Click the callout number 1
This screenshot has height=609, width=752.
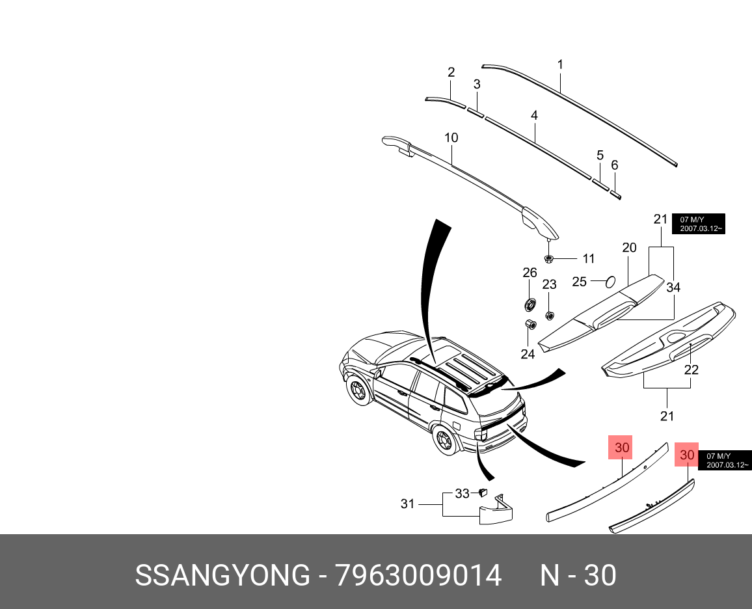(x=560, y=65)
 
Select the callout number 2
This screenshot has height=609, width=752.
(x=451, y=72)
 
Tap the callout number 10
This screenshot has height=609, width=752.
(x=451, y=138)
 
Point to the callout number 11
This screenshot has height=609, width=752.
(x=588, y=259)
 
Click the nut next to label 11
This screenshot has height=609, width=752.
(x=549, y=259)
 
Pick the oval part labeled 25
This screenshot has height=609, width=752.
(x=611, y=282)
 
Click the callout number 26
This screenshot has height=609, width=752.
(x=530, y=272)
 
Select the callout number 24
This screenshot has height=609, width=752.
(x=528, y=354)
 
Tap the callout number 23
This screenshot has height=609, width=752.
(x=550, y=284)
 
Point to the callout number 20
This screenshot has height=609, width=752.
(x=629, y=248)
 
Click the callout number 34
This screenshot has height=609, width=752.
(x=673, y=288)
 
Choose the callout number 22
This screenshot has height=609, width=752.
(x=691, y=370)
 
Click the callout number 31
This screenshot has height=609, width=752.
(x=407, y=504)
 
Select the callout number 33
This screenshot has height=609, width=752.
(x=462, y=494)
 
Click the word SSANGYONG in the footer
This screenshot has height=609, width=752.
(x=222, y=576)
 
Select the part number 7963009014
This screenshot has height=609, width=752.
(x=418, y=576)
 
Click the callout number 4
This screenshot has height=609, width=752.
(x=534, y=116)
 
